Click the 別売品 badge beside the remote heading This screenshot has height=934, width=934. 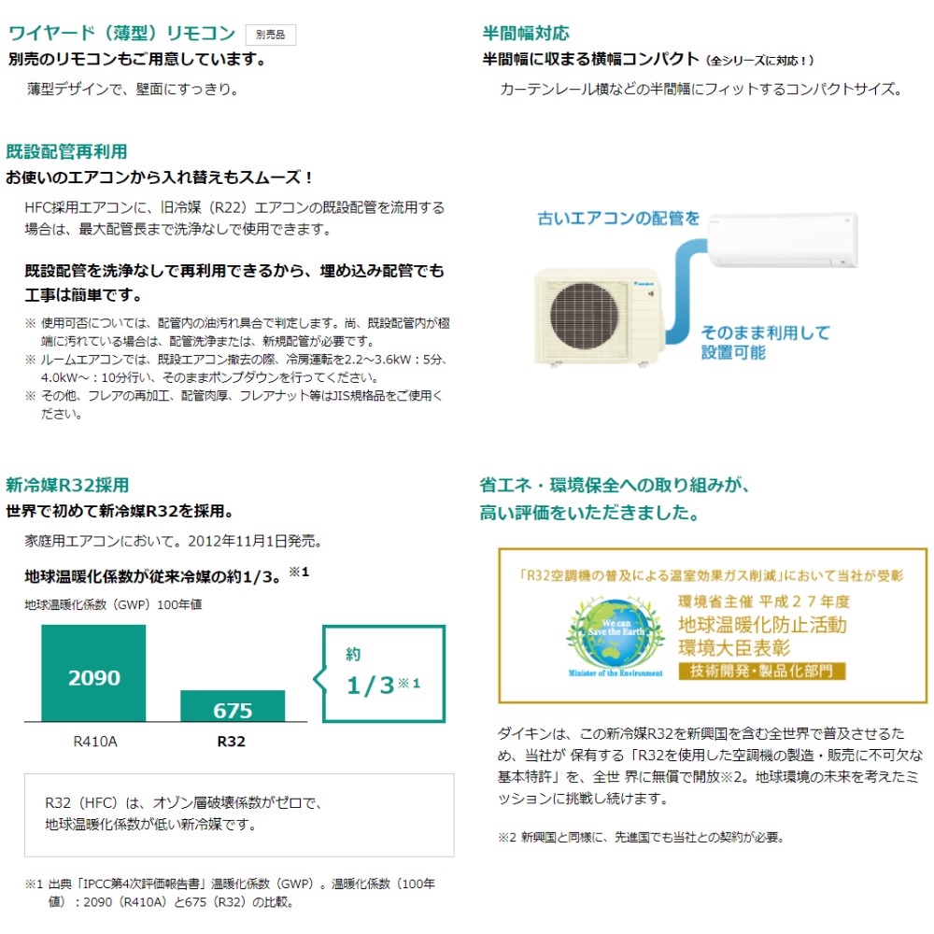pyautogui.click(x=271, y=35)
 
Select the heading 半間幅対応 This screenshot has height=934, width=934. pyautogui.click(x=525, y=34)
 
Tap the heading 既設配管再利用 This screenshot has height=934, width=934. pyautogui.click(x=66, y=151)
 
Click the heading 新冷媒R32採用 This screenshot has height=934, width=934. pyautogui.click(x=67, y=485)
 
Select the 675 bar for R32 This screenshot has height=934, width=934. pyautogui.click(x=233, y=707)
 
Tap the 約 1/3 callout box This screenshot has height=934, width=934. pyautogui.click(x=383, y=672)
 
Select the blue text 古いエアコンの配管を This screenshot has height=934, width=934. pyautogui.click(x=618, y=219)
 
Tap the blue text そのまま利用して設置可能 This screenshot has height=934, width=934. pyautogui.click(x=765, y=342)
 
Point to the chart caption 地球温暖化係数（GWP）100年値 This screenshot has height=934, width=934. pyautogui.click(x=113, y=604)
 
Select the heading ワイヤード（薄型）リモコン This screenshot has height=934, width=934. pyautogui.click(x=121, y=34)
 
